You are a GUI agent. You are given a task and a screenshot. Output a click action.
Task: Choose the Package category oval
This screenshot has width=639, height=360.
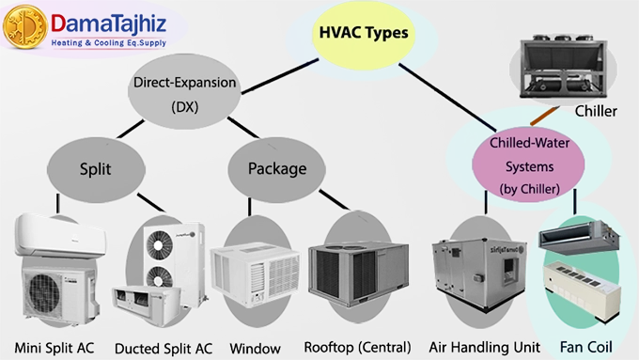277,169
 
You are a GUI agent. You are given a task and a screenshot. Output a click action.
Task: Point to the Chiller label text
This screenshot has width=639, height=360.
596,112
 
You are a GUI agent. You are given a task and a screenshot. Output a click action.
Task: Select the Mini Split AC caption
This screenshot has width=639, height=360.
57,346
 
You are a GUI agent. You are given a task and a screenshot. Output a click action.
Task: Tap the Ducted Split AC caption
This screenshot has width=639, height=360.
164,347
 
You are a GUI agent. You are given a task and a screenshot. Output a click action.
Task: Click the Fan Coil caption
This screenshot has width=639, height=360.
584,346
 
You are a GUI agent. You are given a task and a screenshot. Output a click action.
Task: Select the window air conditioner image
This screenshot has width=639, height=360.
255,275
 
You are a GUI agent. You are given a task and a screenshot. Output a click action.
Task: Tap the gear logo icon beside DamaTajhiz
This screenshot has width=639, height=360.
24,27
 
